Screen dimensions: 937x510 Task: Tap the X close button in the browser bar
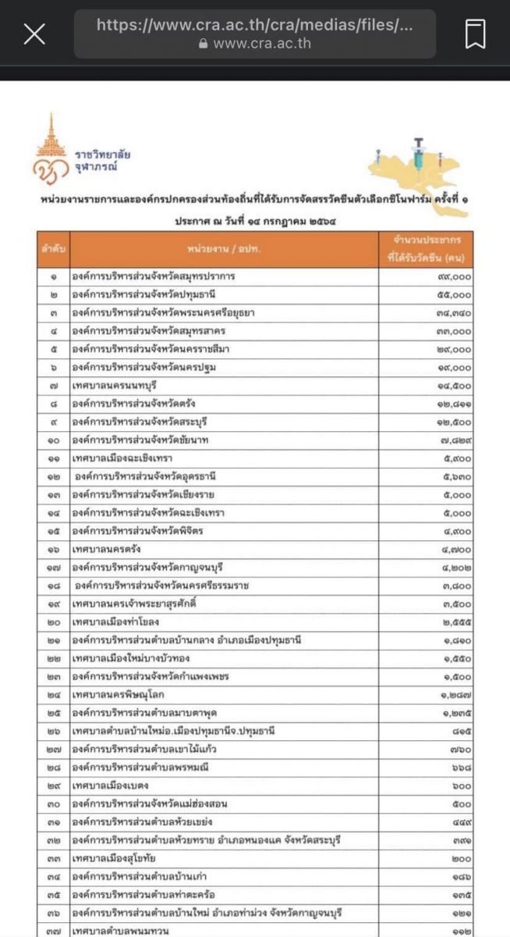click(34, 34)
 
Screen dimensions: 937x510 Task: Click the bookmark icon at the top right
click(475, 34)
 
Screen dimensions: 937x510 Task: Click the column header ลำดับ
click(53, 249)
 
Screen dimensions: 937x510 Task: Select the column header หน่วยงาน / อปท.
click(222, 249)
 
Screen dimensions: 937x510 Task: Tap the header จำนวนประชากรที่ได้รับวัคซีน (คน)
click(426, 249)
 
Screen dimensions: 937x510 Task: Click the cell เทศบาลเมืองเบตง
click(109, 786)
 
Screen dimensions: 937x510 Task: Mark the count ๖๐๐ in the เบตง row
click(460, 786)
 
